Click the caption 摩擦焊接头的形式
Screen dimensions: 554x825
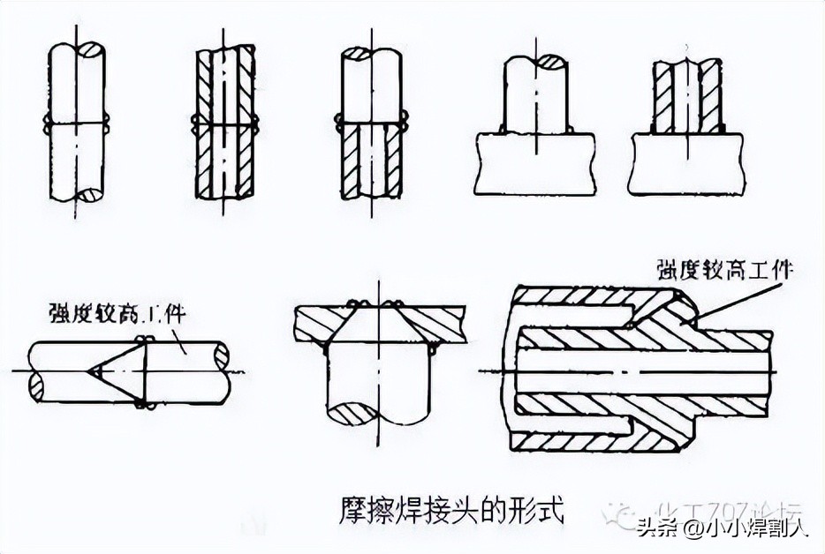pos(450,510)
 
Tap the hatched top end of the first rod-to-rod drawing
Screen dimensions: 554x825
pos(90,51)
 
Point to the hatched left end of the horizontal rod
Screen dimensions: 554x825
pos(36,386)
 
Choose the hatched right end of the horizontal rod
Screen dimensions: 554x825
pos(221,356)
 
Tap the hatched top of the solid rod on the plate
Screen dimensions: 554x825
pos(549,62)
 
